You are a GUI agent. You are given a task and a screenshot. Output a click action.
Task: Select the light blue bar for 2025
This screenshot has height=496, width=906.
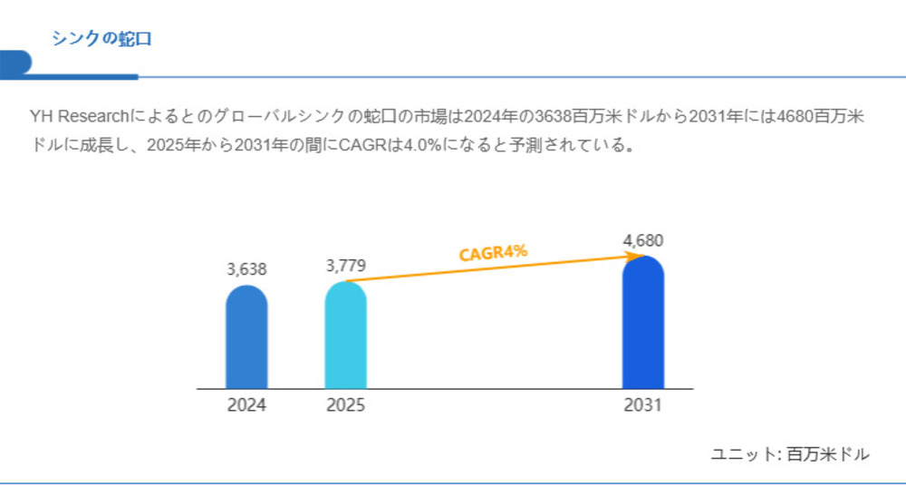[346, 336]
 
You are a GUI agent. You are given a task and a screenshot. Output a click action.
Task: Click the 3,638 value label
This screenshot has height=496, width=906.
[246, 269]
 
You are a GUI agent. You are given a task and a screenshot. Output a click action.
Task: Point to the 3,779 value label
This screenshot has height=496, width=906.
[346, 266]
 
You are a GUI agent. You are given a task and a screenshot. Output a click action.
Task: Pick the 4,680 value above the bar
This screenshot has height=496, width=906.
[643, 241]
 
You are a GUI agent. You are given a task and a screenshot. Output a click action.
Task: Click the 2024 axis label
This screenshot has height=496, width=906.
[246, 405]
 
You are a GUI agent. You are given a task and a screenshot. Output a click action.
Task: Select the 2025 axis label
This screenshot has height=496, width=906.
[346, 405]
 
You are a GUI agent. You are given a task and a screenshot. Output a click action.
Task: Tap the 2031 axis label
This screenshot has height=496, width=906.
[643, 405]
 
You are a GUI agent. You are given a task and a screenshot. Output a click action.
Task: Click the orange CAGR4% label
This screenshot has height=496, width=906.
[493, 253]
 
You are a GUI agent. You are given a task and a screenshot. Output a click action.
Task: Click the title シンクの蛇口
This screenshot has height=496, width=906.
[101, 38]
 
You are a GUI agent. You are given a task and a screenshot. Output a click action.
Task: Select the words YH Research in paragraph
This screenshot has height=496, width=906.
[80, 117]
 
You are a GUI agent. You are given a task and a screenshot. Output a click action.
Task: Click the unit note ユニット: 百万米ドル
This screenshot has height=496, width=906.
[790, 453]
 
